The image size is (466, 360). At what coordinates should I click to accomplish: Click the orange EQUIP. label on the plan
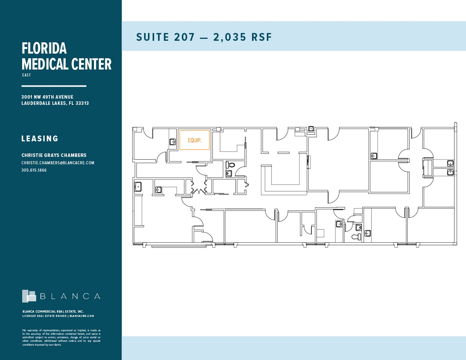[x=195, y=140]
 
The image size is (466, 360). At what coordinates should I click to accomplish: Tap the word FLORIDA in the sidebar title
[x=44, y=49]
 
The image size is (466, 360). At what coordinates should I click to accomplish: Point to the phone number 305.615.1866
[x=34, y=170]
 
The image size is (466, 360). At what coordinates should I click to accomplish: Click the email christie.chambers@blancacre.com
[x=58, y=163]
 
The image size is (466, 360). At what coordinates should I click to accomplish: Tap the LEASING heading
[x=40, y=139]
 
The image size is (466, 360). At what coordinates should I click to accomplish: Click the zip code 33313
[x=82, y=103]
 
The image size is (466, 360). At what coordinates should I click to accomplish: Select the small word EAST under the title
[x=26, y=75]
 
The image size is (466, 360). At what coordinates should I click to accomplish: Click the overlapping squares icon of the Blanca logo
[x=29, y=296]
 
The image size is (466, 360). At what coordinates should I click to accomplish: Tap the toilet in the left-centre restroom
[x=229, y=165]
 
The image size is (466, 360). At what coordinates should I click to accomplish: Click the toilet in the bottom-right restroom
[x=356, y=237]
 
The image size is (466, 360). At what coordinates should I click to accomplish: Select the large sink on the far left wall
[x=138, y=187]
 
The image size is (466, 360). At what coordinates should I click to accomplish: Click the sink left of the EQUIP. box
[x=173, y=142]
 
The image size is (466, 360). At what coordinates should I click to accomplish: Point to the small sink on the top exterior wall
[x=311, y=129]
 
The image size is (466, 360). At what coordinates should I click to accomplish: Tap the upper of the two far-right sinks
[x=450, y=163]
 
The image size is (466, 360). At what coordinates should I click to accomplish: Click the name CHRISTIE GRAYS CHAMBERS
[x=54, y=155]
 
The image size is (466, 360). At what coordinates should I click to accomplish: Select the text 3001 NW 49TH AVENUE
[x=47, y=97]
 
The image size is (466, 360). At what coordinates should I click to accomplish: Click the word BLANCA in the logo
[x=70, y=296]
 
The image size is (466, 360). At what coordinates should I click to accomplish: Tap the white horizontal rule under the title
[x=54, y=86]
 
